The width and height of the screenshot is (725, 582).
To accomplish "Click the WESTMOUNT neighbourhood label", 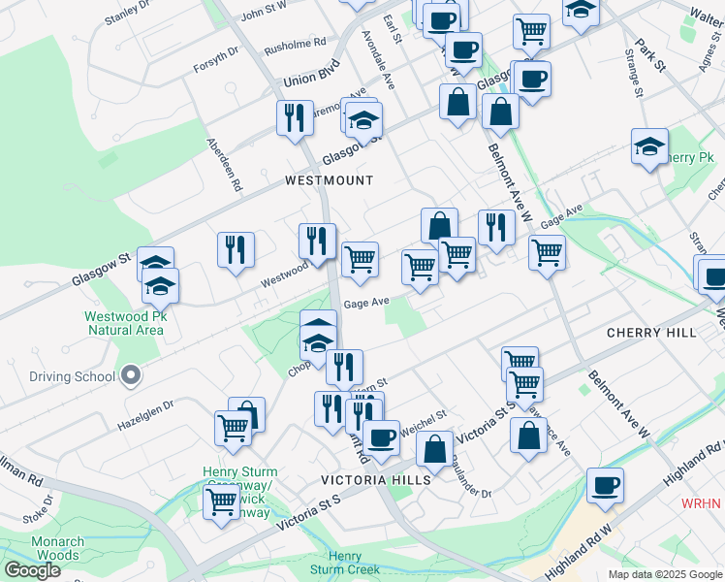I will pos(329,180).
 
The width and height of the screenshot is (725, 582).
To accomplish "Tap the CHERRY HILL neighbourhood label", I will pos(650,333).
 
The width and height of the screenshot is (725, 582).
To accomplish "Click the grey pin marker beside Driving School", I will pos(132,375).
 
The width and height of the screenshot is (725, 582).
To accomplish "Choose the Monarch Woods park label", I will pos(57,547).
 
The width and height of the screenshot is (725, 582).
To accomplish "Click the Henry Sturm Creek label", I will pos(344,563).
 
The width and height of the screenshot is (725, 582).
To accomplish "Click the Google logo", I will pos(32,570).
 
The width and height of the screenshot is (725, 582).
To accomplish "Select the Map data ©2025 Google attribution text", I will pos(664,574).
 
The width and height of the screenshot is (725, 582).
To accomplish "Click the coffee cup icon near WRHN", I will pos(605,486).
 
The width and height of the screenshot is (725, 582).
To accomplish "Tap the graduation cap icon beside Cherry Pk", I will pos(649,147).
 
